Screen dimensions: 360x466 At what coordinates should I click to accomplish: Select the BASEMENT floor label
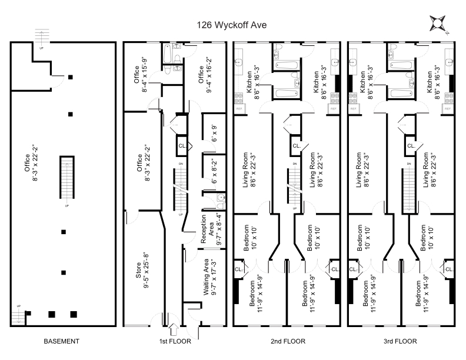62,341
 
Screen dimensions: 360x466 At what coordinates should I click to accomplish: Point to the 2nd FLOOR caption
288,341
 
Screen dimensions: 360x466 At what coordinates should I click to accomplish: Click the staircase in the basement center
66,179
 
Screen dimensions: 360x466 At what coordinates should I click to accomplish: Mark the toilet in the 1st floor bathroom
167,71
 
